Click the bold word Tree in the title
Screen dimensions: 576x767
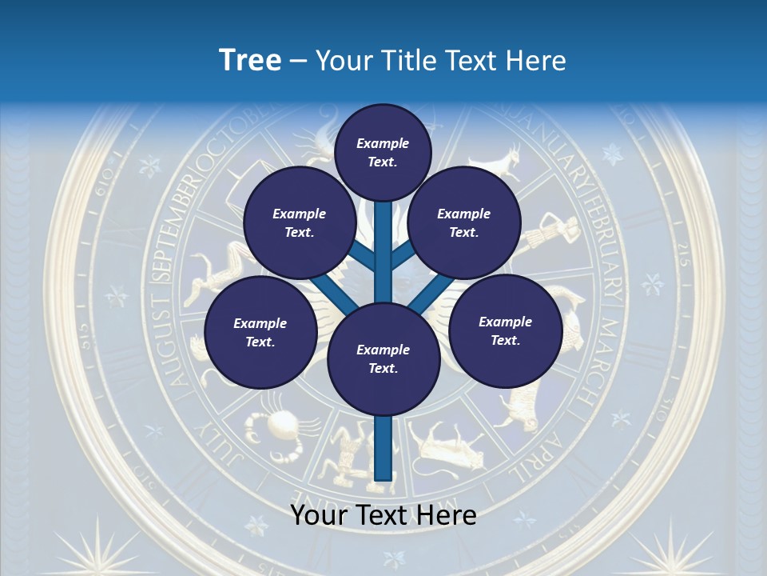[x=250, y=60]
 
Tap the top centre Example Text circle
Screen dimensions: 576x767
[x=383, y=152]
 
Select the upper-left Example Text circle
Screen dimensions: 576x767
[x=299, y=222]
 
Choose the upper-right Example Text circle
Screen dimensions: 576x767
[x=463, y=222]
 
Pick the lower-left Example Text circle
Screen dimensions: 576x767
[x=260, y=332]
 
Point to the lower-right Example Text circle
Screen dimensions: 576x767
[x=505, y=330]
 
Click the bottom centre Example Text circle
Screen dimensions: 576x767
[x=383, y=358]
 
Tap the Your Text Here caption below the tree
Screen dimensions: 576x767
[x=383, y=515]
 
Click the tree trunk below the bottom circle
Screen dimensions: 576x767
[x=383, y=448]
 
